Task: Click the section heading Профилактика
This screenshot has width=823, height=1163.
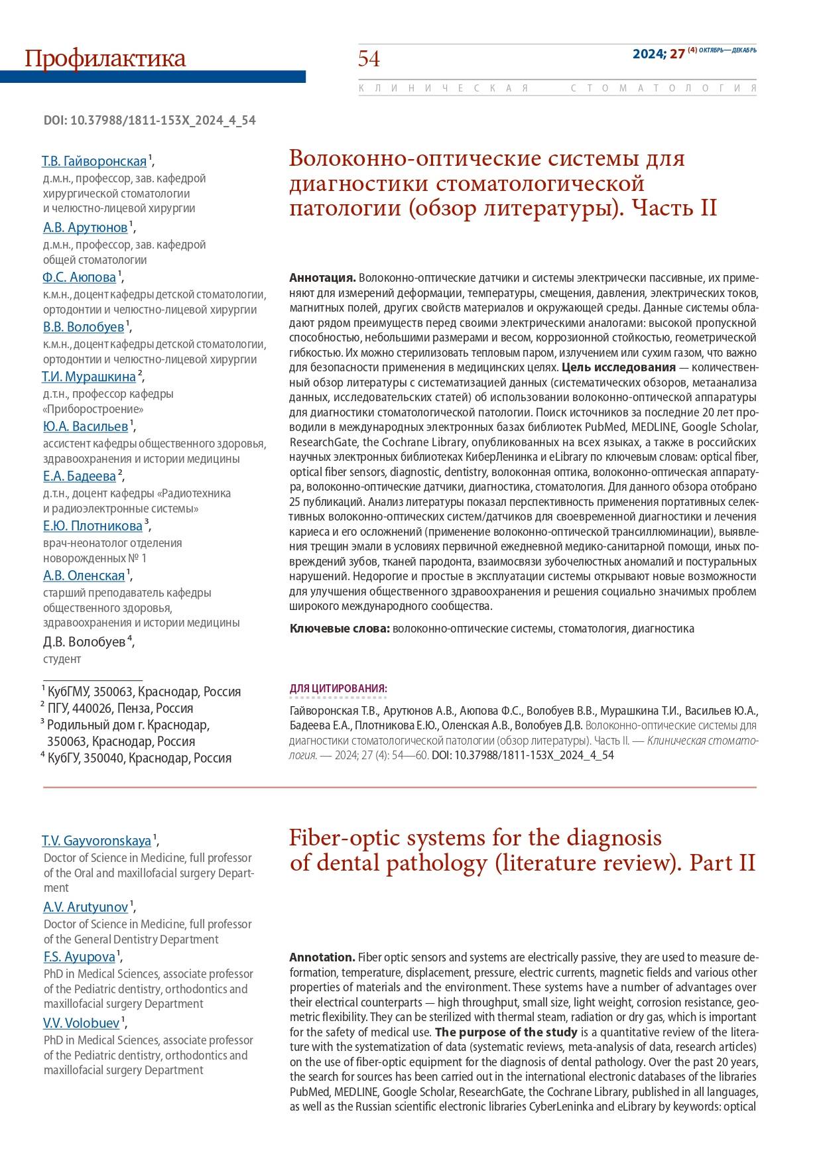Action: (105, 59)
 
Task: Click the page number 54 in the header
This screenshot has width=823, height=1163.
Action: (369, 59)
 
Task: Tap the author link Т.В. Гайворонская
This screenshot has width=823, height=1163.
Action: (94, 162)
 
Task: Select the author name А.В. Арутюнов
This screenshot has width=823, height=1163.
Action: (86, 227)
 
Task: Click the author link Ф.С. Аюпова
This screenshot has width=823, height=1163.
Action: (80, 277)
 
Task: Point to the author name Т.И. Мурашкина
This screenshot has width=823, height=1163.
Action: (89, 377)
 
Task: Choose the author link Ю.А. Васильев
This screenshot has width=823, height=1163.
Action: (86, 426)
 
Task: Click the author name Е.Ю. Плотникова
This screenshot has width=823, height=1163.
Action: (93, 526)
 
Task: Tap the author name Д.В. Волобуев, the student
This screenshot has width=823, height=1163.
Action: (84, 642)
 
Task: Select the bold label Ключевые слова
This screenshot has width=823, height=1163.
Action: (340, 629)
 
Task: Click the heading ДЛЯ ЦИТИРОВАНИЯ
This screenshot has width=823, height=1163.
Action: (338, 689)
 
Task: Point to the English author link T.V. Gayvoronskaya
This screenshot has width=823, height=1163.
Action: (97, 841)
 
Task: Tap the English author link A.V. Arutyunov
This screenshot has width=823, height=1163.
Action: (86, 906)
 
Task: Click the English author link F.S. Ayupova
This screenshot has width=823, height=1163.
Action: (79, 956)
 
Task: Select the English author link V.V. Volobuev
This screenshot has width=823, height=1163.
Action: (82, 1022)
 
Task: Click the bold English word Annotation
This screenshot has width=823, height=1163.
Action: (322, 957)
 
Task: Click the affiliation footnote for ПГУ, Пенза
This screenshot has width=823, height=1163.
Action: (119, 708)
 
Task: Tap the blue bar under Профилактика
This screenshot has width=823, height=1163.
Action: (153, 77)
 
